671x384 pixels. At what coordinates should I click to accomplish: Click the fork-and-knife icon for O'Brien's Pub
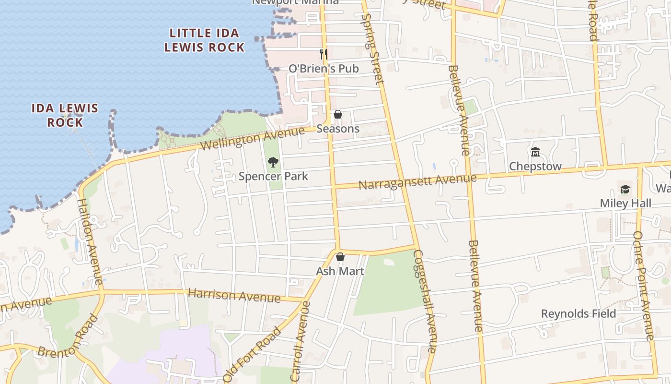pos(324,54)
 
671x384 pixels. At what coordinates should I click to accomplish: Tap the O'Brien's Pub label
pos(324,69)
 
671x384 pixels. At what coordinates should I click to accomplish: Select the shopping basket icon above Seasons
pos(338,115)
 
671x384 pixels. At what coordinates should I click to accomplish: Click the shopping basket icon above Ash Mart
pos(340,257)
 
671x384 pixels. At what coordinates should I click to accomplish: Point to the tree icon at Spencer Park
pos(273,162)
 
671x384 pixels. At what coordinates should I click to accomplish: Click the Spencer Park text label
pos(273,176)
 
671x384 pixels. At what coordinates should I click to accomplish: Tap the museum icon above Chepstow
pos(535,152)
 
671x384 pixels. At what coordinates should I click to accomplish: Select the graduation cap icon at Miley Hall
pos(625,189)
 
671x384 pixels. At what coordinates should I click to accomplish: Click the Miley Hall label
pos(625,203)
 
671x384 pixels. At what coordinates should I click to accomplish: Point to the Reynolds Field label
pos(578,314)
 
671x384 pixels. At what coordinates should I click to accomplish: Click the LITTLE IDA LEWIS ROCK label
pos(205,40)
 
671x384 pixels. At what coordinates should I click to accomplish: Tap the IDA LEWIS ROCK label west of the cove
pos(65,115)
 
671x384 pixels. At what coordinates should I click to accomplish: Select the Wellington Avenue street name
pos(253,138)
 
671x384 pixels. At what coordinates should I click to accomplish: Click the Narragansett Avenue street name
pos(417,182)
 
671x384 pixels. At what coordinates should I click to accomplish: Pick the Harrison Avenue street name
pos(234,295)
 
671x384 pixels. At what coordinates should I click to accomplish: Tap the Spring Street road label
pos(373,48)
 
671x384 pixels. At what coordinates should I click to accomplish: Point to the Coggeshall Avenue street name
pos(426,301)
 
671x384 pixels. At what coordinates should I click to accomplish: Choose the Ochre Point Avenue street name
pos(644,286)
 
